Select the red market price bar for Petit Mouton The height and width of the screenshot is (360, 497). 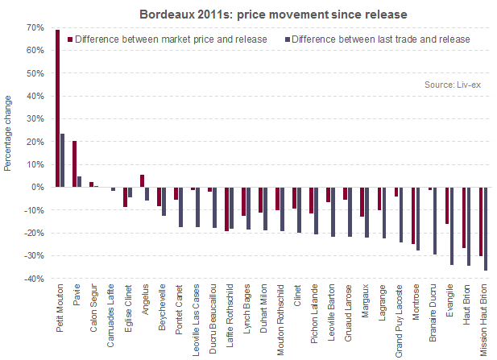click(x=57, y=108)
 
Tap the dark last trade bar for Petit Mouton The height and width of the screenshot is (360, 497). click(x=62, y=160)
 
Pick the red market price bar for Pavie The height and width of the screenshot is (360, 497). click(x=74, y=163)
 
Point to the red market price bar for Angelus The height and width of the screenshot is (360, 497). click(x=142, y=181)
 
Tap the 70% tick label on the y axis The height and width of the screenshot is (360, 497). click(x=35, y=27)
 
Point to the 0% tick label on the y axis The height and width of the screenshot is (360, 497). click(x=37, y=187)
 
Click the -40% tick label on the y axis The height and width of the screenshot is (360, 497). click(x=33, y=279)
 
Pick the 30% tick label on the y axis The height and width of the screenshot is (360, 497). click(x=35, y=118)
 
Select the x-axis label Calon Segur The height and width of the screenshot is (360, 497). click(x=93, y=309)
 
